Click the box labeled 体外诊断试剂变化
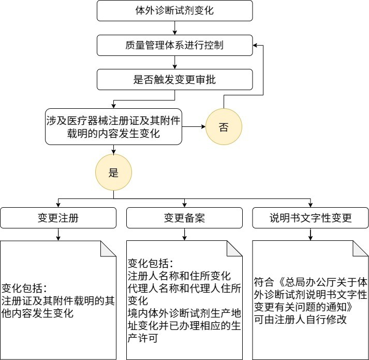coord(174,11)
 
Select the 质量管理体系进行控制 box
coord(174,45)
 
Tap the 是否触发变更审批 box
coord(174,80)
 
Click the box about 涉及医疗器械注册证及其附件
coord(113,127)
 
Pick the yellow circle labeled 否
coord(223,127)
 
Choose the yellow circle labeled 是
coord(113,173)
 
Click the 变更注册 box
coord(58,218)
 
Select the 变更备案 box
coord(184,218)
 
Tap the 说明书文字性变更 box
coord(311,218)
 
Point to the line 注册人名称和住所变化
coord(179,276)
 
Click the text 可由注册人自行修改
coord(300,320)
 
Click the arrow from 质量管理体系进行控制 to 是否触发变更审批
coord(175,63)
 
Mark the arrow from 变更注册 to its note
coord(58,235)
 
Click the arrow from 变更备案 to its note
coord(184,235)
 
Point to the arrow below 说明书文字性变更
coord(311,235)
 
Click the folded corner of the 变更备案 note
coord(234,249)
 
